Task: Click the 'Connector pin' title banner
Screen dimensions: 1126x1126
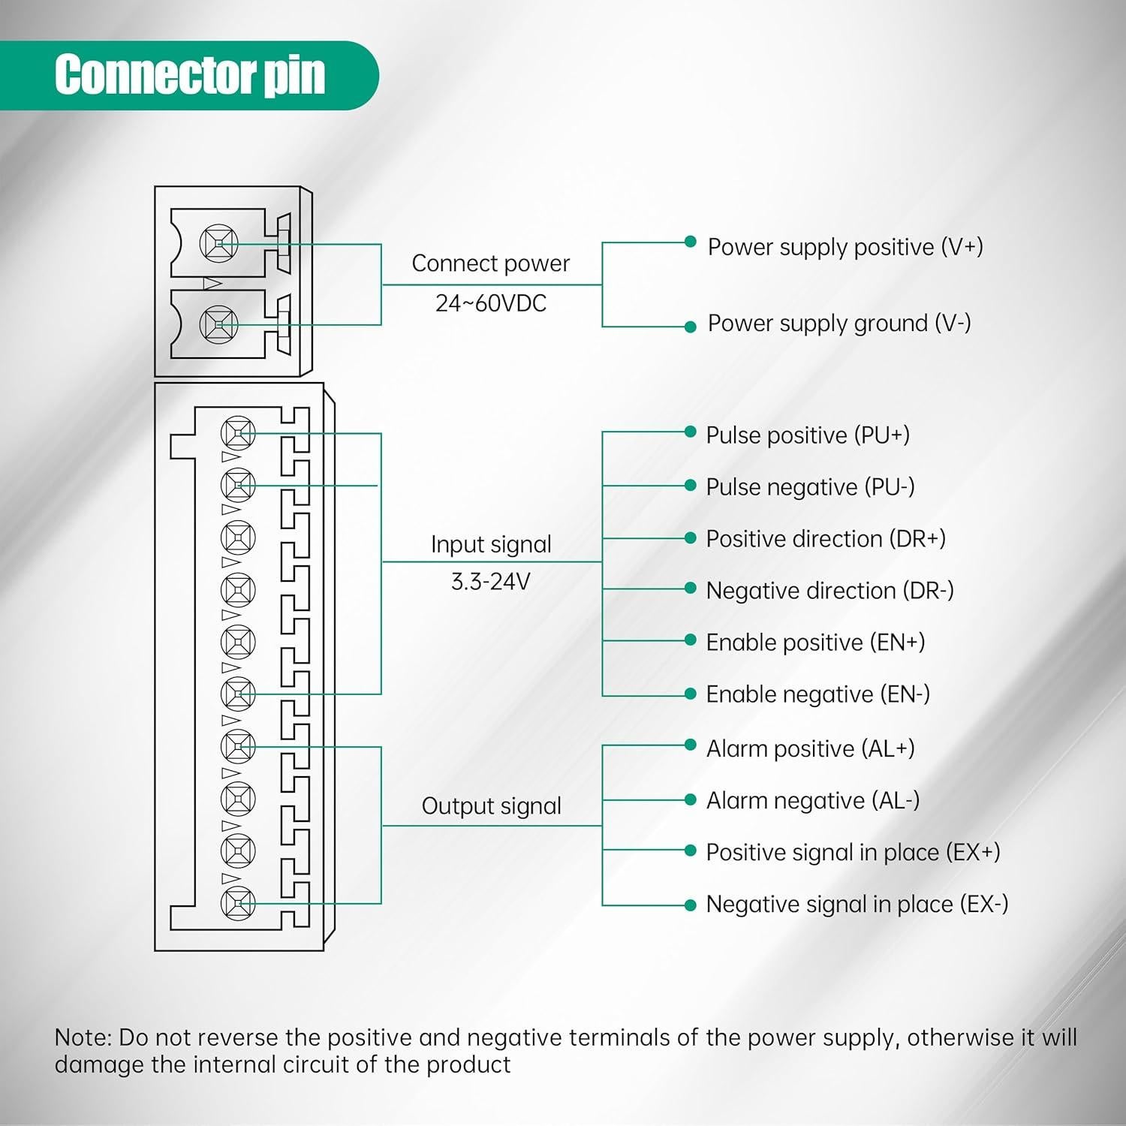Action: coord(189,75)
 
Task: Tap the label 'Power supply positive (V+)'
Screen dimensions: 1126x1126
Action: coord(844,247)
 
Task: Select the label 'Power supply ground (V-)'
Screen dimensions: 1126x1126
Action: coord(838,324)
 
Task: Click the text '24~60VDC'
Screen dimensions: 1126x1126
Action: coord(491,303)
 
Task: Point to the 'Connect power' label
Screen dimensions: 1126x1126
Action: coord(490,263)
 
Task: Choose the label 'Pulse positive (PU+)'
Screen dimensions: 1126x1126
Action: coord(807,435)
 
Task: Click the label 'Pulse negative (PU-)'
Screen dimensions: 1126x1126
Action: coord(810,487)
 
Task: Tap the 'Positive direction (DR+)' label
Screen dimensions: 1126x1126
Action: coord(825,539)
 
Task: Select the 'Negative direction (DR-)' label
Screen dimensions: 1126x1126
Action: coord(829,591)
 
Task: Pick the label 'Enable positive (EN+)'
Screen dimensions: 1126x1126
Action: coord(815,643)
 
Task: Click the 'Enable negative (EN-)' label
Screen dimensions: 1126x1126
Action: coord(817,694)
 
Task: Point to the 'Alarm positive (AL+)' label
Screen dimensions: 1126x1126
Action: coord(810,749)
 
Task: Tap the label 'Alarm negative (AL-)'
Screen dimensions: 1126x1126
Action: coord(812,801)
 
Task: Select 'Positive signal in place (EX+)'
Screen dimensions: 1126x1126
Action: coord(853,853)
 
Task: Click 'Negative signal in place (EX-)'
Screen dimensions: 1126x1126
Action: coord(857,905)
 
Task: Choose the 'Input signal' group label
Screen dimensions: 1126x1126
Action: coord(491,544)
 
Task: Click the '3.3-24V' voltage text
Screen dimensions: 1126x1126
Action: coord(490,582)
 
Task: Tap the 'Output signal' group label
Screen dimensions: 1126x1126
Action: coord(491,806)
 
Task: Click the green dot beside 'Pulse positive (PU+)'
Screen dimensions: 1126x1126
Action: coord(691,432)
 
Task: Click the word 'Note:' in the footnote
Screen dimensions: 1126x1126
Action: coord(83,1038)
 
